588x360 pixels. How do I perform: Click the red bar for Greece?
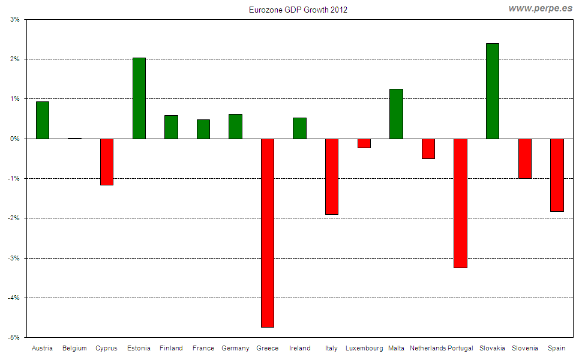[267, 233]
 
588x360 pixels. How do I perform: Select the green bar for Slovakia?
[492, 91]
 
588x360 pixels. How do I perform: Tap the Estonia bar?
[139, 98]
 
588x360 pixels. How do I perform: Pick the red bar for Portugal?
[460, 203]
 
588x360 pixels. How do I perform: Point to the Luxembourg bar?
[364, 143]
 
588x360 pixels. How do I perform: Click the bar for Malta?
[396, 114]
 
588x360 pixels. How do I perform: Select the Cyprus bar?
[107, 161]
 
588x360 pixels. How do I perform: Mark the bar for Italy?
[331, 176]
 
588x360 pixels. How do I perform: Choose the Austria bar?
[42, 120]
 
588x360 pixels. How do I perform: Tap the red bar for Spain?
[557, 175]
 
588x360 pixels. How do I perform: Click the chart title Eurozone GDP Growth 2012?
[298, 10]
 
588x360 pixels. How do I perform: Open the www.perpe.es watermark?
[540, 8]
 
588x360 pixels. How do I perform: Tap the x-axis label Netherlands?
[428, 348]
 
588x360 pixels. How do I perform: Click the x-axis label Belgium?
[74, 348]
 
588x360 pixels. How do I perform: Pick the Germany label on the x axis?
[235, 348]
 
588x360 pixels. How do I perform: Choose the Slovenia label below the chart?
[524, 348]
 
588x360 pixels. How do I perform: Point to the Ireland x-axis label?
[299, 348]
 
